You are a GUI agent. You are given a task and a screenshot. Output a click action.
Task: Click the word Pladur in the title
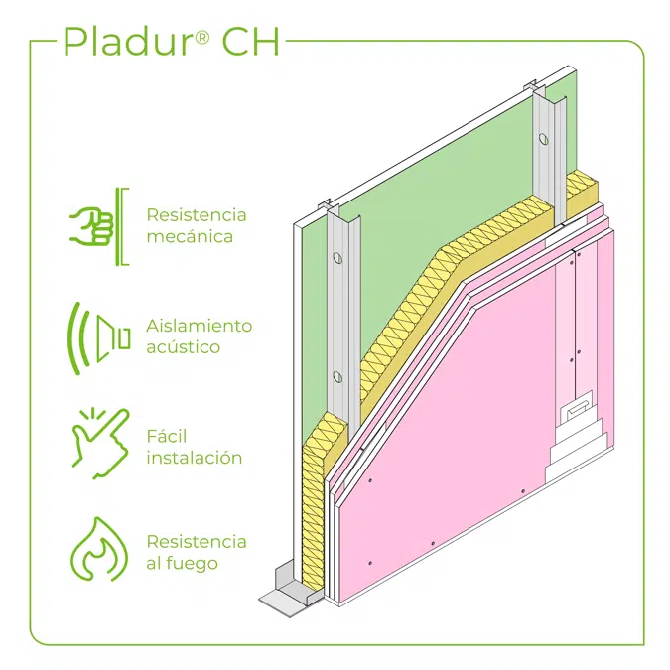click(124, 43)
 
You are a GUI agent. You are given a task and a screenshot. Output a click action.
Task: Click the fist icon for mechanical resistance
click(90, 226)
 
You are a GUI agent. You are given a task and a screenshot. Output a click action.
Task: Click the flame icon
click(97, 550)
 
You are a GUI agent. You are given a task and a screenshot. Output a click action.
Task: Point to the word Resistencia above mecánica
click(197, 215)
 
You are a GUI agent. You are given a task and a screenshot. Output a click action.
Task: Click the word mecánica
click(191, 237)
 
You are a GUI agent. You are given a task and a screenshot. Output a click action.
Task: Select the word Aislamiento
click(200, 326)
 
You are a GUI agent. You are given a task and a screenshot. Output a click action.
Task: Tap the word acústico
click(184, 347)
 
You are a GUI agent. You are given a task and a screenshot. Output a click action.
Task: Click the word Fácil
click(167, 437)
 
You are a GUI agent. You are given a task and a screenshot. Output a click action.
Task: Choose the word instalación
click(195, 458)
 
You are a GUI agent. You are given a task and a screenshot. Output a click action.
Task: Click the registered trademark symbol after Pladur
click(201, 37)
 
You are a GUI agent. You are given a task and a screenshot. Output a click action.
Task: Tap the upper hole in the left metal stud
click(337, 261)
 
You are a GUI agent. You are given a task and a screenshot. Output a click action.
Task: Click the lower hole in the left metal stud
click(338, 376)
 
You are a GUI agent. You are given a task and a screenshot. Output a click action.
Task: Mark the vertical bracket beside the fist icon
click(124, 226)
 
